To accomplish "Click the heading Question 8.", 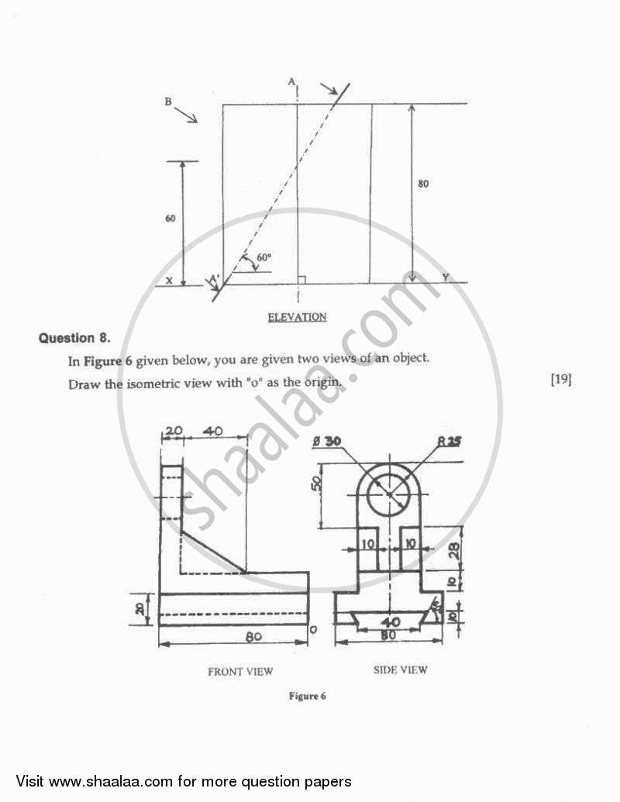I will (x=75, y=337).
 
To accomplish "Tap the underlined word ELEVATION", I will (x=297, y=316).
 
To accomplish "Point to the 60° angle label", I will (x=263, y=257).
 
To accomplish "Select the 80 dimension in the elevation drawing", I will (x=422, y=184).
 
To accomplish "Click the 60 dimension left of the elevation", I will (x=170, y=219).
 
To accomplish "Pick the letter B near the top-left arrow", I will (x=167, y=102).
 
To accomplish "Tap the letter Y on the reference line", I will (x=445, y=277).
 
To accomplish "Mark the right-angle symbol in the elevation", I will (x=301, y=279).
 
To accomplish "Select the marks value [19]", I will (x=561, y=379).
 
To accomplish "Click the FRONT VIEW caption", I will (x=240, y=672).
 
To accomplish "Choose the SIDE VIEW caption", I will (x=400, y=669).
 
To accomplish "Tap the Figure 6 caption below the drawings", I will (x=307, y=696).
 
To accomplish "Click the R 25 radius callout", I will (x=449, y=442).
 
